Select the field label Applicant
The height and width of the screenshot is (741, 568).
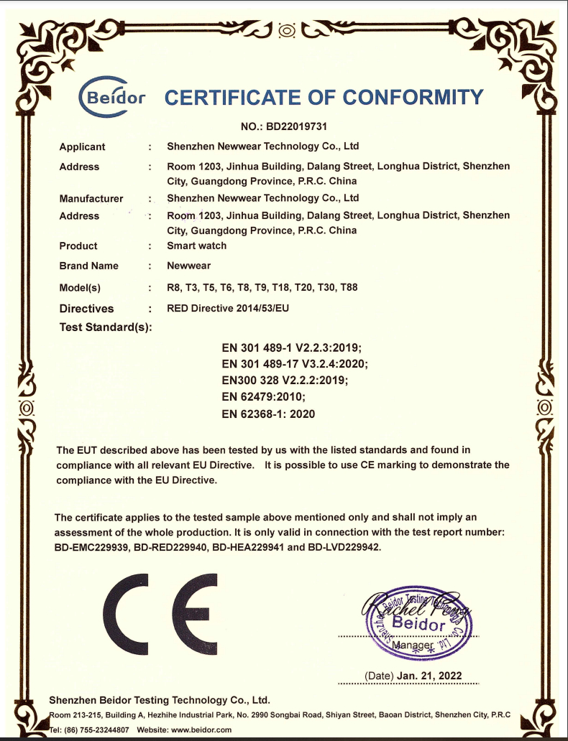click(82, 146)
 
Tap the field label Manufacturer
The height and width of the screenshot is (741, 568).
click(91, 198)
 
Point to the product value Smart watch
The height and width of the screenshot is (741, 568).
click(196, 246)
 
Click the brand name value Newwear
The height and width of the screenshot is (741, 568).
click(188, 266)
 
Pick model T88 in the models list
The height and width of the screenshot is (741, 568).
click(348, 287)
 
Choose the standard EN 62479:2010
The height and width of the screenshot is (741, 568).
click(265, 396)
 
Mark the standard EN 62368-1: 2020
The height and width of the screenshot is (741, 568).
click(269, 414)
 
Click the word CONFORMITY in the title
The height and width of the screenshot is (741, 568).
click(413, 98)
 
